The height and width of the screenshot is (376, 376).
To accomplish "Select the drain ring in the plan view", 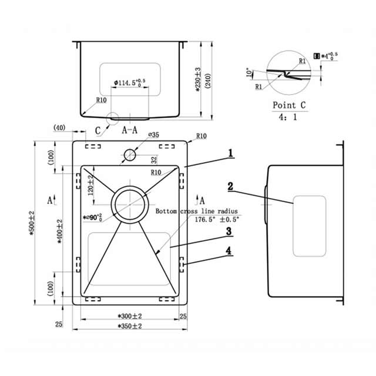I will coord(129,204).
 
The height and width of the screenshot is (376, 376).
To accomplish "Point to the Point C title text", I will coord(290,106).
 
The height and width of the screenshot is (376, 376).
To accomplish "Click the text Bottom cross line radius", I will coord(196,210).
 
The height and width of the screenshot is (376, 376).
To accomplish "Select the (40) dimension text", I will coord(59,127).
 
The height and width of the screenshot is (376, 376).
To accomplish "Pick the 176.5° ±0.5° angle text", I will coord(216,219).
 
